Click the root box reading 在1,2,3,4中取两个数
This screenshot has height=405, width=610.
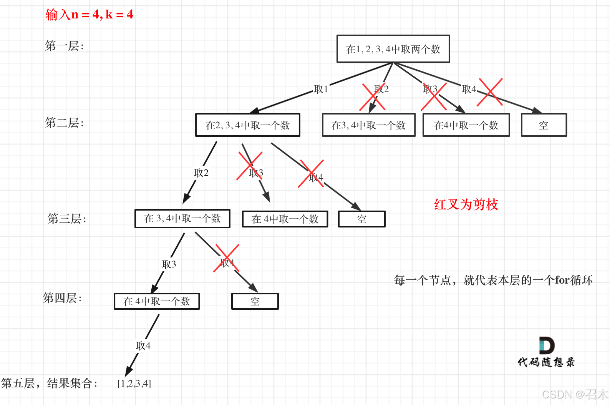coord(393,49)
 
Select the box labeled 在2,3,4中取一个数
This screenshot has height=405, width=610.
coord(248,125)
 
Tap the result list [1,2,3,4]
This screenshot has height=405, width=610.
coord(134,383)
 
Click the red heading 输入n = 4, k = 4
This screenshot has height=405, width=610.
coord(89,15)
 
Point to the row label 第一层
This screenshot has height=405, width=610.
coord(64,46)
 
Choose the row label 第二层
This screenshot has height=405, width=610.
coord(64,123)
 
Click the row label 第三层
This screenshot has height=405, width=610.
coord(67,219)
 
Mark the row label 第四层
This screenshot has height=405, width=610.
coord(62,298)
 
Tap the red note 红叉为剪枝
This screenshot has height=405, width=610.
coord(466,204)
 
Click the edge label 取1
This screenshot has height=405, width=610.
coord(321,89)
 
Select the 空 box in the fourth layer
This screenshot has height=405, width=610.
coord(255,301)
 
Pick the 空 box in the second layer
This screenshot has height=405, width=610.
coord(544,125)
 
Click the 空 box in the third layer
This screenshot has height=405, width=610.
coord(361,219)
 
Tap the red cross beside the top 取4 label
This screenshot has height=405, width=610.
coord(490,92)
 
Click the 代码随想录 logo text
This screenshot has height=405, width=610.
coord(546,362)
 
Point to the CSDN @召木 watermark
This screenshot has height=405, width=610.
coord(575,395)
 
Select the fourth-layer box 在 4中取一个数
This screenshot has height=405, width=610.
coord(157,301)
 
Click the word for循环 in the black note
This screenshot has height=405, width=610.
coord(574,280)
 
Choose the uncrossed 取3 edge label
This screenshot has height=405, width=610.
coord(169,264)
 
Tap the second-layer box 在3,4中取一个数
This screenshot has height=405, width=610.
coord(369,125)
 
